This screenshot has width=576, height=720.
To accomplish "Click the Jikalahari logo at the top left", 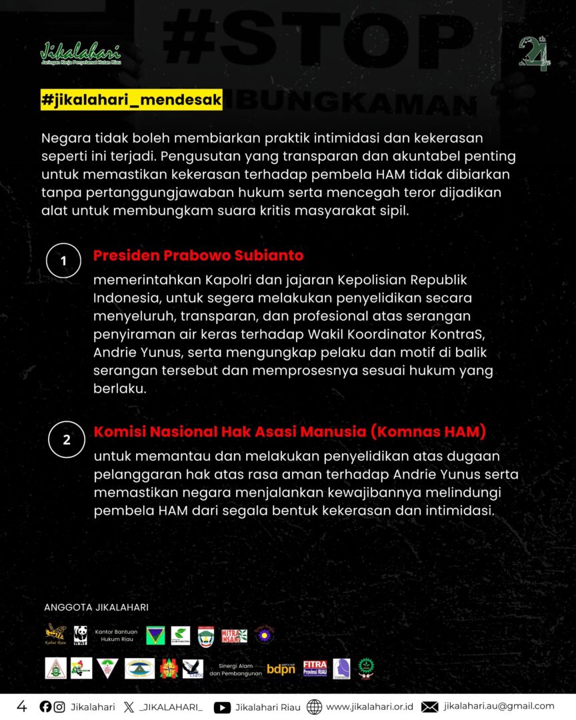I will [81, 53].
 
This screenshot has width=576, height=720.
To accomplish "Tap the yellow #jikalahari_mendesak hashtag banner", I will [131, 99].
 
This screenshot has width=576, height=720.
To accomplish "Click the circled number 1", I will [64, 261].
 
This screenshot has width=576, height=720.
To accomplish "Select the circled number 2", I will [66, 439].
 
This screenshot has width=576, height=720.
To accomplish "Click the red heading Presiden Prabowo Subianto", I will [199, 255].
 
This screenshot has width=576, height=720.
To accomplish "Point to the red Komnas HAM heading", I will [290, 431].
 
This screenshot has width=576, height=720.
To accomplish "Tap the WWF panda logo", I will [81, 635].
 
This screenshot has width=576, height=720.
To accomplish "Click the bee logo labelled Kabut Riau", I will [55, 635].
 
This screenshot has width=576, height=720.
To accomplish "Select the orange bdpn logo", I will [281, 668].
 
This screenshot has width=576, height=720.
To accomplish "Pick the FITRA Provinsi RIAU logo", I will [315, 668].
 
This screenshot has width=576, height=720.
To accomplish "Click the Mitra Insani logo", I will [234, 635].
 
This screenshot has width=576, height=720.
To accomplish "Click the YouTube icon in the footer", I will [222, 707].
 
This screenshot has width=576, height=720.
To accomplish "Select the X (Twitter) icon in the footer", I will [129, 707].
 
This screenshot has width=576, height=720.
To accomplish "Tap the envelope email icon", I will [430, 707].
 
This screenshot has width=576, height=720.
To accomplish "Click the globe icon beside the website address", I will [314, 707].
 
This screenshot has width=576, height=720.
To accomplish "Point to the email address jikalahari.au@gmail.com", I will [499, 706].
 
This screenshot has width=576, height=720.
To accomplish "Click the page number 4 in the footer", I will [22, 706].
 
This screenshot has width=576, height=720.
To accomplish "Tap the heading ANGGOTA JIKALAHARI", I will [96, 607].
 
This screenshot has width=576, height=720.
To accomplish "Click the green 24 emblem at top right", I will [533, 53].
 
